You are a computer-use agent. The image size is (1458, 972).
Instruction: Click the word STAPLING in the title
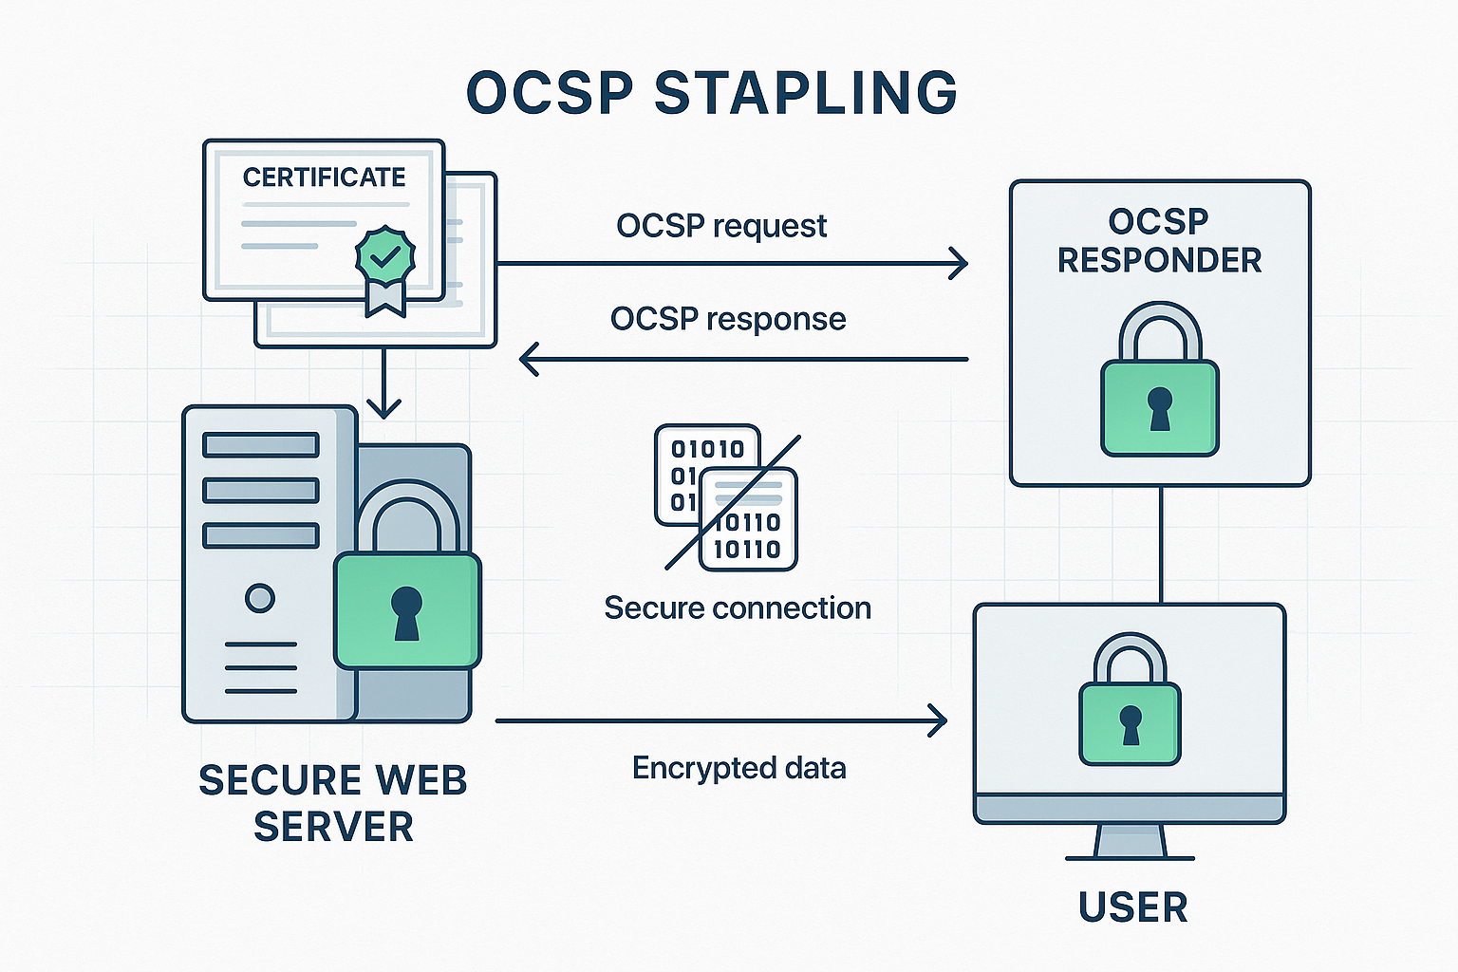point(806,93)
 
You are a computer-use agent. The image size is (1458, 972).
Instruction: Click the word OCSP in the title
point(550,93)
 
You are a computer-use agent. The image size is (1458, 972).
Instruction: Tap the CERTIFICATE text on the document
point(324,178)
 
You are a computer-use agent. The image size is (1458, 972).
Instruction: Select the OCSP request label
point(721,226)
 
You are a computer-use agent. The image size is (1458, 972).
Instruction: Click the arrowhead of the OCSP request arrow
point(959,263)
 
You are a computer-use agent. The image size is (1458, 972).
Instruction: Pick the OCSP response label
point(728,319)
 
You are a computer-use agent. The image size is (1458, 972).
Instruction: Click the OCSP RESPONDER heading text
point(1159,241)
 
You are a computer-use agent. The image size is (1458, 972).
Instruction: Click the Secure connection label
point(738,607)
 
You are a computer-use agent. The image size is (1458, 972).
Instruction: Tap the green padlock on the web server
point(407,607)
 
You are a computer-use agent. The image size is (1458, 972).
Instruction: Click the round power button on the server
point(259,598)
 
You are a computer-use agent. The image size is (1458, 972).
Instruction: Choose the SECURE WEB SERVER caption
point(333,803)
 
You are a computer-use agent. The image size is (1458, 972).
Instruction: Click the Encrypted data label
point(738,768)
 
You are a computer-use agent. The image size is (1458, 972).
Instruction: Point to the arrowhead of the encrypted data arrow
point(939,720)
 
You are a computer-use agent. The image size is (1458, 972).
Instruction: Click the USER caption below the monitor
point(1132,907)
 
